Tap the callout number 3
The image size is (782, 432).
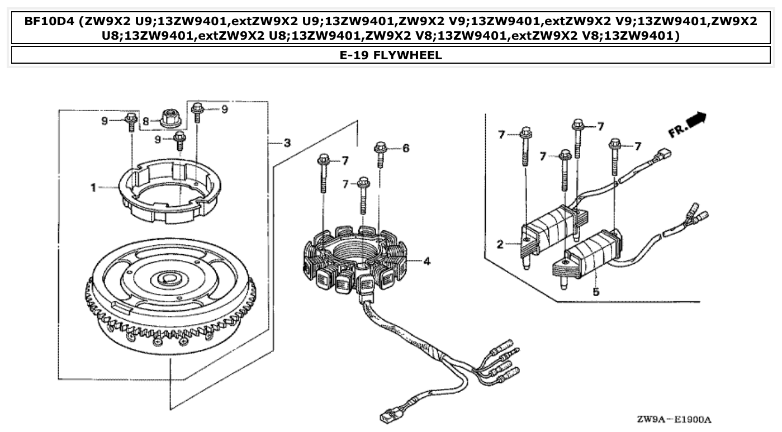tap(287, 143)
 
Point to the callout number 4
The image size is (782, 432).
tap(426, 260)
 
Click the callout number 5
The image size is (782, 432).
tap(596, 291)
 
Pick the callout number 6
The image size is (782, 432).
tap(406, 148)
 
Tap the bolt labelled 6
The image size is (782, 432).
tap(380, 153)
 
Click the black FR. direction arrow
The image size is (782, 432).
tap(696, 119)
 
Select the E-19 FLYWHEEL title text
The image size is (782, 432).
tap(391, 55)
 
